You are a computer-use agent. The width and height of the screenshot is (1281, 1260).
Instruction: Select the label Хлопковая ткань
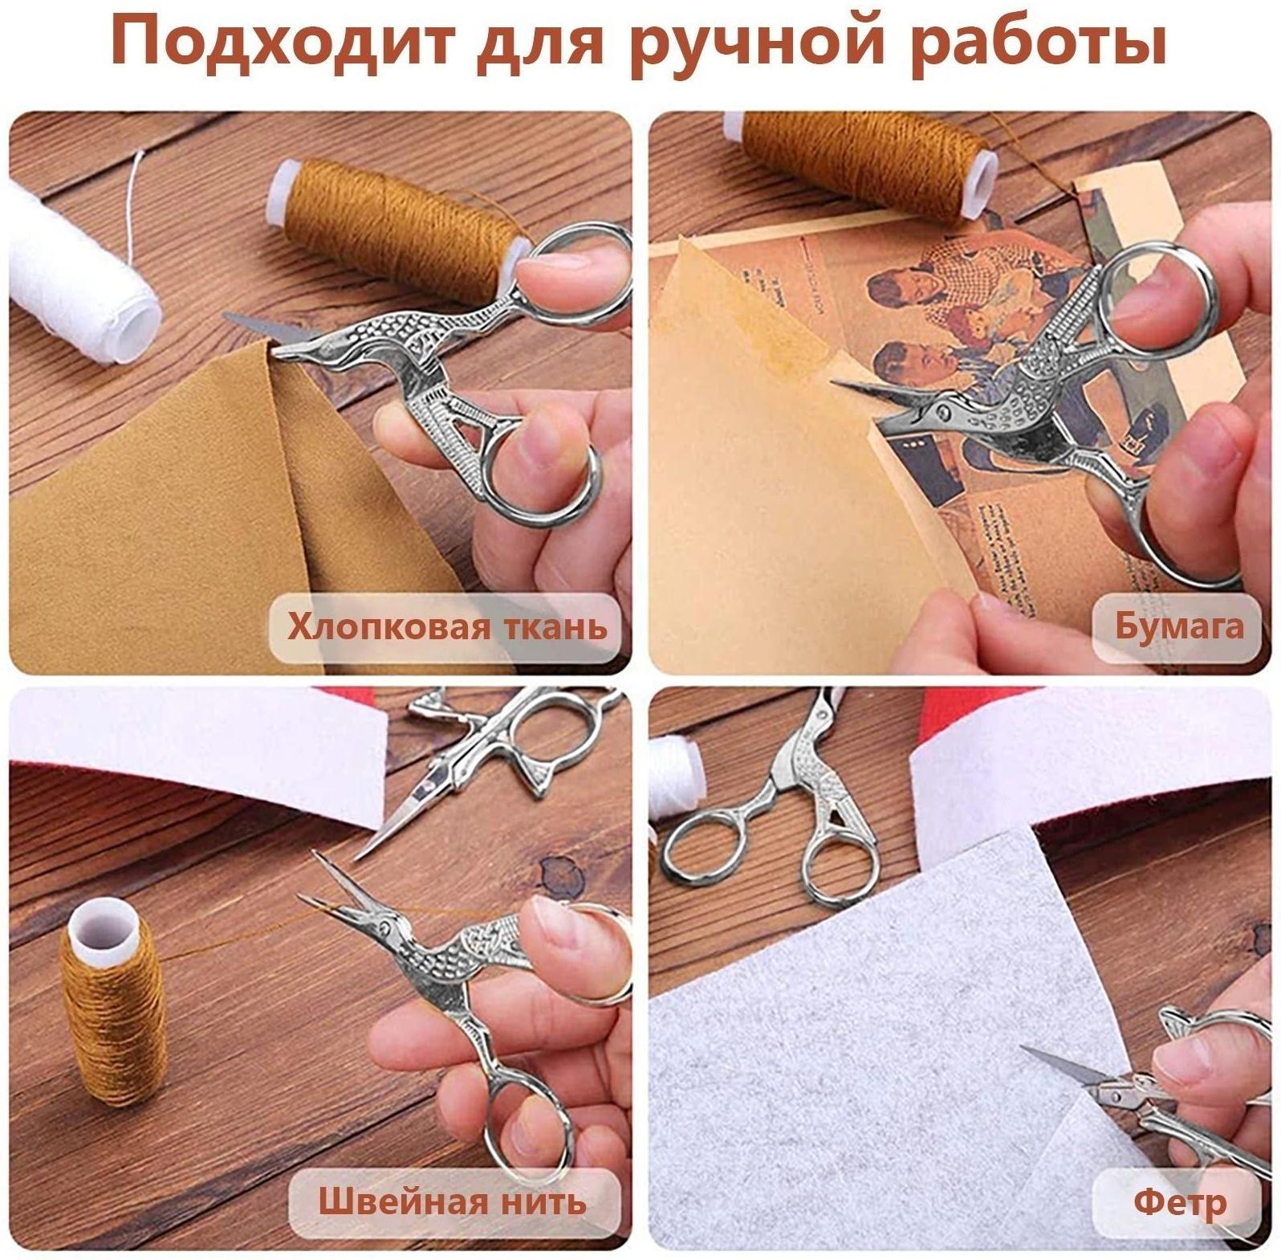[x=447, y=627]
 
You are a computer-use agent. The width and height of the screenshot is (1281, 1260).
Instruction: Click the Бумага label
[x=1177, y=627]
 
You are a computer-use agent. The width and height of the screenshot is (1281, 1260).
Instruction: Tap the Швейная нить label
[x=452, y=1202]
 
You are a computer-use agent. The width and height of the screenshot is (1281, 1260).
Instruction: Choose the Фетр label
[x=1180, y=1202]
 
